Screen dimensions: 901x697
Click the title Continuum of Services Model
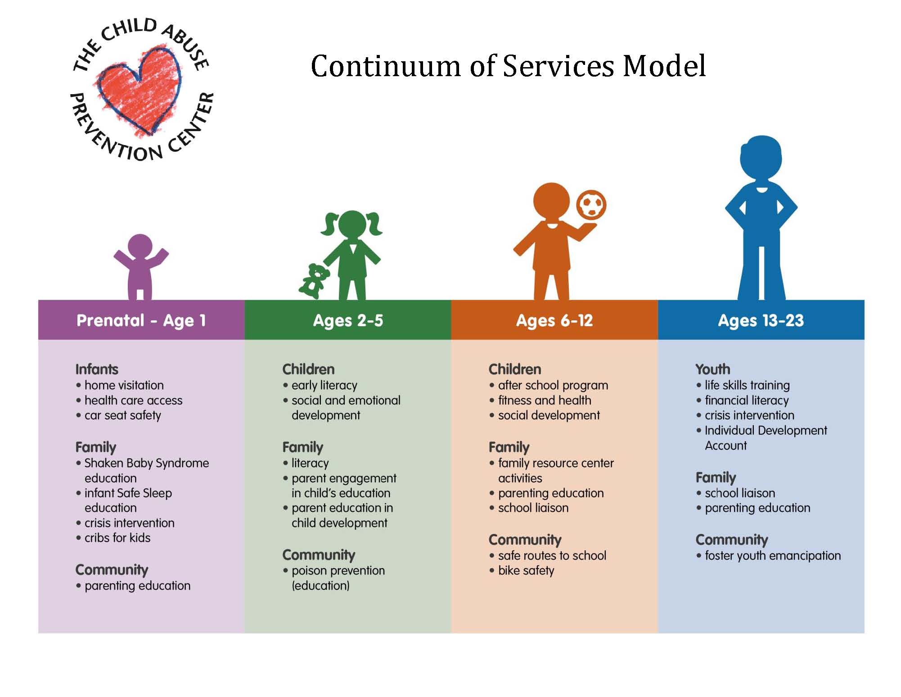[508, 66]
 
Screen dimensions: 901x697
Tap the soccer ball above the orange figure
[591, 205]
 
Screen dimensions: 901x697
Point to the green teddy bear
[314, 281]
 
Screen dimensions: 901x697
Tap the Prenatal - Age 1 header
[141, 320]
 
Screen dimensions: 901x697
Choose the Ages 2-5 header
[348, 320]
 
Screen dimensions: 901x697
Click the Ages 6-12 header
[554, 320]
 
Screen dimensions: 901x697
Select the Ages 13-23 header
[761, 320]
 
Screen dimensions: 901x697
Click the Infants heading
[97, 369]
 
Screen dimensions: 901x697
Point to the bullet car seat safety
[118, 415]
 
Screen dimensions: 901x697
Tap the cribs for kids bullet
[113, 538]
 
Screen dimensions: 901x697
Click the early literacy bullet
[320, 386]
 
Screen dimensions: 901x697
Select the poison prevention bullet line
[334, 571]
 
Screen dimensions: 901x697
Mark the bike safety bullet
[522, 571]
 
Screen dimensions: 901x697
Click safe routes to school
[548, 556]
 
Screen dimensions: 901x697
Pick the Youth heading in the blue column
[713, 369]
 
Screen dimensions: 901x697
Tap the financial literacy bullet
[743, 401]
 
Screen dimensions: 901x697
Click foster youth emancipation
[769, 556]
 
